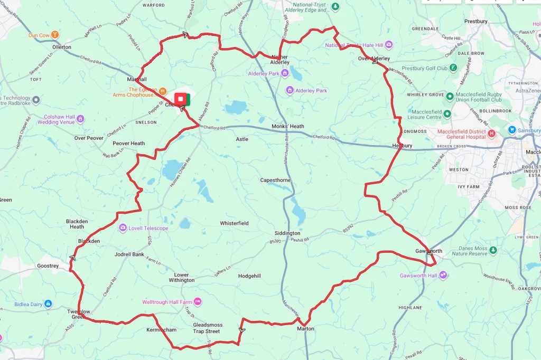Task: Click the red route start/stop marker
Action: click(x=181, y=99)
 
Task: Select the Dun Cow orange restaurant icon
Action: click(x=55, y=35)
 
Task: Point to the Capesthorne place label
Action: click(x=275, y=180)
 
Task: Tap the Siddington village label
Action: click(x=287, y=233)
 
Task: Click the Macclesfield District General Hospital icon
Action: click(x=492, y=134)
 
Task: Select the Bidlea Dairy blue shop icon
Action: click(x=48, y=304)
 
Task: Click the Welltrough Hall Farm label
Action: click(x=167, y=302)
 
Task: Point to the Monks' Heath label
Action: click(x=288, y=126)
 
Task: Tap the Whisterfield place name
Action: click(x=234, y=223)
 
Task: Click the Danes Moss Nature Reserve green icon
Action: click(x=493, y=250)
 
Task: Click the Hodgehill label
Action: click(x=249, y=276)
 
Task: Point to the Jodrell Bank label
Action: click(x=129, y=254)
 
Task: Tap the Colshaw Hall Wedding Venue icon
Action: click(x=81, y=119)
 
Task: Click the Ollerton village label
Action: click(x=62, y=47)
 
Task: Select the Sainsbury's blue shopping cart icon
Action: click(x=511, y=130)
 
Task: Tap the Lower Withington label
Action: click(x=181, y=278)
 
